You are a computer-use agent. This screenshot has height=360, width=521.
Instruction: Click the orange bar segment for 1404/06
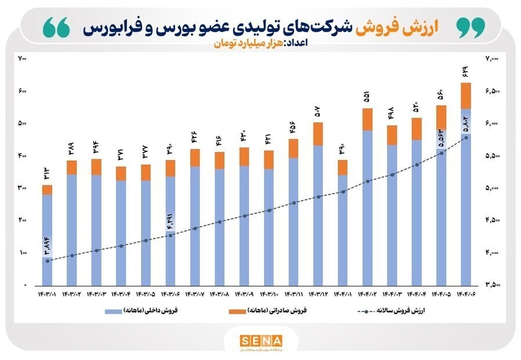(465, 96)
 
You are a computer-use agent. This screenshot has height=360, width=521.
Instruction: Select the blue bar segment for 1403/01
(47, 226)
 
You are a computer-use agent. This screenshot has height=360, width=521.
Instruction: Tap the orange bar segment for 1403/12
(319, 134)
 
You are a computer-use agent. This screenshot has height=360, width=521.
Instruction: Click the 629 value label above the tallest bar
(465, 73)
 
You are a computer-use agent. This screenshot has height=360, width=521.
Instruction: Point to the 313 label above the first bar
(47, 174)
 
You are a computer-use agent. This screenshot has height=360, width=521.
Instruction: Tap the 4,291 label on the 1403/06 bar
(171, 223)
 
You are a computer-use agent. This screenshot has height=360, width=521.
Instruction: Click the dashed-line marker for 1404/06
(466, 138)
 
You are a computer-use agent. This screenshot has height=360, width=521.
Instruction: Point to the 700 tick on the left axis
(23, 59)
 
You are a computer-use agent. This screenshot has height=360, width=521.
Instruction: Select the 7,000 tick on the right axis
(492, 59)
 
